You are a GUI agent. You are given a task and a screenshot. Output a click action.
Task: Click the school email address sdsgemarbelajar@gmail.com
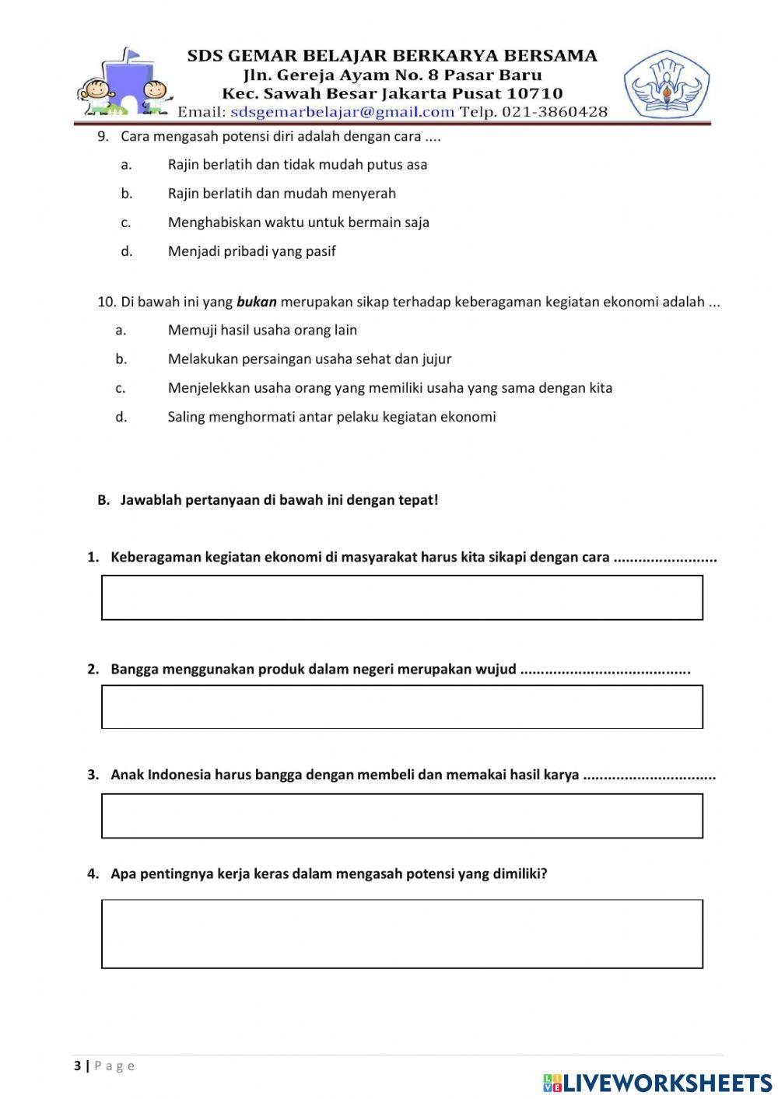[x=342, y=112]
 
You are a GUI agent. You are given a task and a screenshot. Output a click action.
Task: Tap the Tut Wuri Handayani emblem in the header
[x=666, y=85]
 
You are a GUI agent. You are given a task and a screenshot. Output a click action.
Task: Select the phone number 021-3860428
[x=555, y=112]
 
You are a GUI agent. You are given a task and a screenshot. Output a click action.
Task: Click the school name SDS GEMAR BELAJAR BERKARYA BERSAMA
[x=392, y=56]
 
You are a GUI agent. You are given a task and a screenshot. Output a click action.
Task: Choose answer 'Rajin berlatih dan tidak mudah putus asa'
[x=297, y=165]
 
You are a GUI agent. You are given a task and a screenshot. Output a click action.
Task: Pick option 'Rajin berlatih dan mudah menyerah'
[x=282, y=194]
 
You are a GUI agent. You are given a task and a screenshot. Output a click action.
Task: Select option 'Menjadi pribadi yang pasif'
[x=251, y=251]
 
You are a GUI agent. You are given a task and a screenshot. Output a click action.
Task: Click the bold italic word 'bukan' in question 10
[x=256, y=302]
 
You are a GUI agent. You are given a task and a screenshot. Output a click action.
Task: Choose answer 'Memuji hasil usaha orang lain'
[x=262, y=331]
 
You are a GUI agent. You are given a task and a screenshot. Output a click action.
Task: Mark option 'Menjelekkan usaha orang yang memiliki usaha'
[x=390, y=388]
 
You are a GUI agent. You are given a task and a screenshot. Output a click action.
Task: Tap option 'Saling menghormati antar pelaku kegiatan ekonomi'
[x=331, y=417]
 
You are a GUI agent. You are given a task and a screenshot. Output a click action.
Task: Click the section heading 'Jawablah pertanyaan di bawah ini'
[x=279, y=500]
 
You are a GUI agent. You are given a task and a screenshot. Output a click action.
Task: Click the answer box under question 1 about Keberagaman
[x=401, y=597]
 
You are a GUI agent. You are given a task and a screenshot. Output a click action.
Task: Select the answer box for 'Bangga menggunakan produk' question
[x=401, y=707]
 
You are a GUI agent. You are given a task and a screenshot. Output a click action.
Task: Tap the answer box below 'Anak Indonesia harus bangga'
[x=401, y=816]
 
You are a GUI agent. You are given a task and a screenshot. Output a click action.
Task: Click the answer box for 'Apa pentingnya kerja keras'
[x=401, y=934]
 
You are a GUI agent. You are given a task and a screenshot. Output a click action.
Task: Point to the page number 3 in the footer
[x=77, y=1066]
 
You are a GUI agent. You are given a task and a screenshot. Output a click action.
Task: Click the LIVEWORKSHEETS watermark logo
[x=657, y=1083]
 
